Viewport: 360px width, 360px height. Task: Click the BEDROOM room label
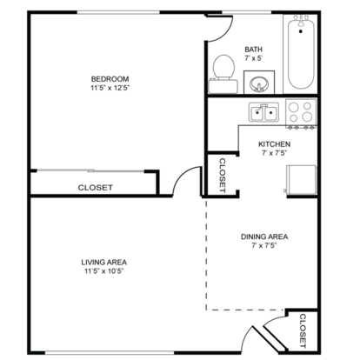[x=110, y=79]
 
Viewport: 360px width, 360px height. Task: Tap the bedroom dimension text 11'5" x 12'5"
[x=110, y=88]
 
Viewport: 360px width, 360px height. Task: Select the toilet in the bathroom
[x=223, y=74]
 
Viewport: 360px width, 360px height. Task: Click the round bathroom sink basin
[x=259, y=84]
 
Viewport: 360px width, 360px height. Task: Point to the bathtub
[x=301, y=52]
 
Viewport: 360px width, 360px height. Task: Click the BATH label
[x=253, y=50]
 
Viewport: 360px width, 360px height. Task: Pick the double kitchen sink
[x=263, y=112]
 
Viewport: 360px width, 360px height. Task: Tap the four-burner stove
[x=301, y=114]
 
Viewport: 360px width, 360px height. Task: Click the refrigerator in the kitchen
[x=301, y=180]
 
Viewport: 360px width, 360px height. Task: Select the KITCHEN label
[x=274, y=144]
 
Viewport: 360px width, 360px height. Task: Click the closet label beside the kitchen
[x=223, y=175]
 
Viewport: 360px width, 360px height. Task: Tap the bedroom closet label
[x=96, y=188]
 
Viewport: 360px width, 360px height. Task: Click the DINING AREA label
[x=264, y=237]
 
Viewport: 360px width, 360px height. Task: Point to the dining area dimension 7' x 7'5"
[x=264, y=246]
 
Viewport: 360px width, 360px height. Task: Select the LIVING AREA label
[x=104, y=263]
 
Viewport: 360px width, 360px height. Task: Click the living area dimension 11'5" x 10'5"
[x=104, y=271]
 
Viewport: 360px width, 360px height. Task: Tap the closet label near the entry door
[x=303, y=331]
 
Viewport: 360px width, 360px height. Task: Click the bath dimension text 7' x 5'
[x=253, y=58]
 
